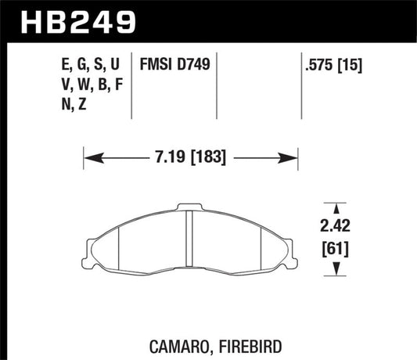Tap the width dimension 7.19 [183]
191,158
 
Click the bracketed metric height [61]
336,251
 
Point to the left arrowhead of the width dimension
88,158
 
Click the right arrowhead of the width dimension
294,158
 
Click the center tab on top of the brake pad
191,208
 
